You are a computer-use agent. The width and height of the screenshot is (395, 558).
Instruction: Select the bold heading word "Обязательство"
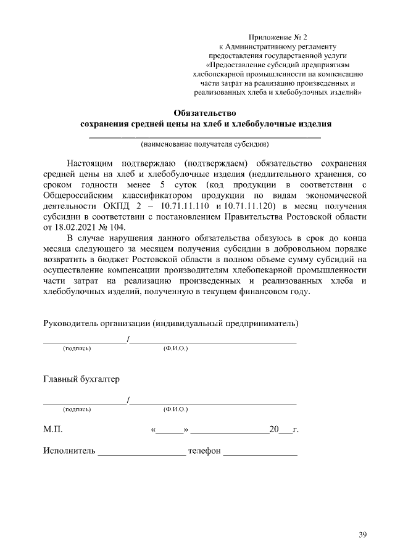[206, 113]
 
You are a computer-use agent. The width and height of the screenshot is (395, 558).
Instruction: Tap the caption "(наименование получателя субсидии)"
[206, 145]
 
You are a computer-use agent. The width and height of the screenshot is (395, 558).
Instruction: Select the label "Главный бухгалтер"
[81, 378]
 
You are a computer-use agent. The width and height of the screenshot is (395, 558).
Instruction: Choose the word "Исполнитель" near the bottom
[69, 451]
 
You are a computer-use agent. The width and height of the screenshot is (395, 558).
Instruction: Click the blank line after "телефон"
[260, 453]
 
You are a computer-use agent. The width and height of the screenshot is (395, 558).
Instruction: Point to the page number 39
[362, 534]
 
